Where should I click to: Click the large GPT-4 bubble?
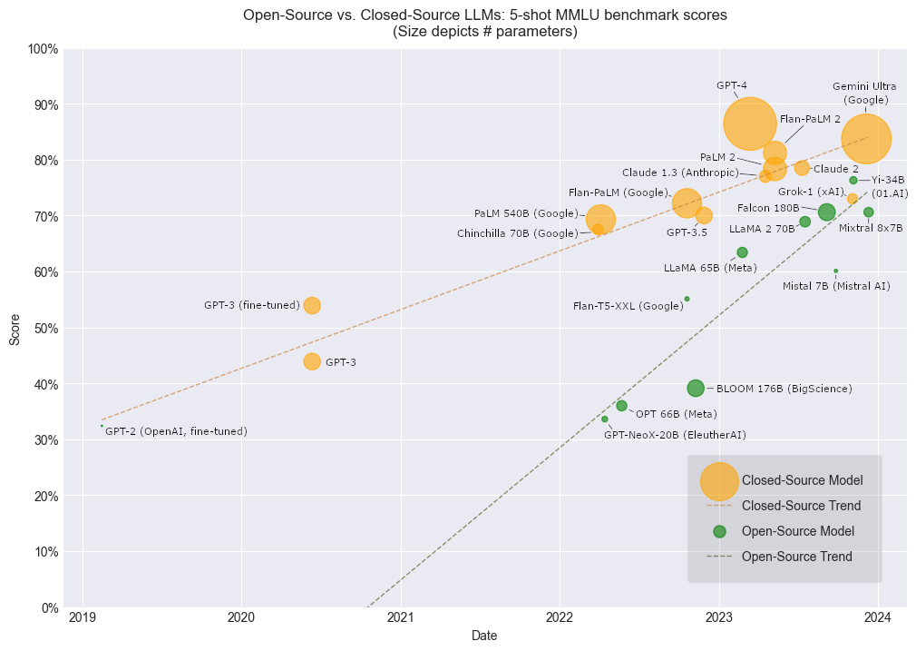click(749, 123)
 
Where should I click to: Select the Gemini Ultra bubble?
click(866, 139)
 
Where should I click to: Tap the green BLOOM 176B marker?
click(696, 388)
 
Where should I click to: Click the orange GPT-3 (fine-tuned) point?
click(312, 305)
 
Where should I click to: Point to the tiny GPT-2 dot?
click(102, 425)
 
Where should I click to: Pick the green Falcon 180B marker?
click(826, 212)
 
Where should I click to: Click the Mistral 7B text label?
click(835, 287)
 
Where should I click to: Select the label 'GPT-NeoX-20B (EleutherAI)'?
click(675, 435)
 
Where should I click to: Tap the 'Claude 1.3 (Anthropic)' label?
click(680, 173)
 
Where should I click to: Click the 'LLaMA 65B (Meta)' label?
click(710, 268)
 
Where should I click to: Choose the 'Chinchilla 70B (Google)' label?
click(517, 233)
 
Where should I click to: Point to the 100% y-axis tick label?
click(43, 48)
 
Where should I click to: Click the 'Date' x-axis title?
click(484, 636)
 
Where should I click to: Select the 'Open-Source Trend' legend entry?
click(796, 557)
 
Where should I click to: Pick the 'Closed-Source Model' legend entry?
click(802, 480)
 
